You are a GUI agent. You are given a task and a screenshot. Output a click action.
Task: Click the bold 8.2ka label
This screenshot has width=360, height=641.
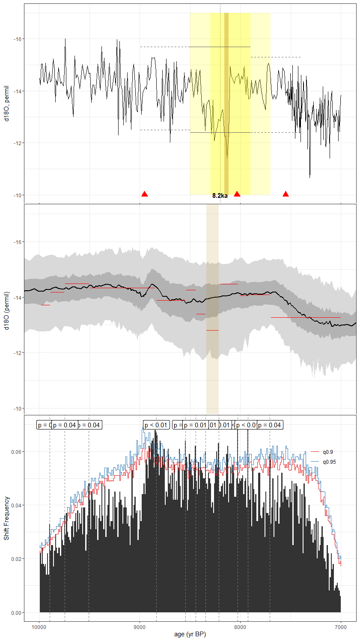click(x=220, y=196)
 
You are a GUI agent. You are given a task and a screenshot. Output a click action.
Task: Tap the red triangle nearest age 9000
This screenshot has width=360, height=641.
click(x=145, y=194)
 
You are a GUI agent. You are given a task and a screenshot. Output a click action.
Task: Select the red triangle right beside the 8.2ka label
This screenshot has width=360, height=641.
click(x=237, y=194)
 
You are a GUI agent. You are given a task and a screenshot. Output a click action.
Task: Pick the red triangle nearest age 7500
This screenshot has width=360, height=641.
click(x=286, y=194)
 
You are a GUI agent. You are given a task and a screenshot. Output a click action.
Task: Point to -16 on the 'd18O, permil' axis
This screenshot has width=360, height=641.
click(x=18, y=39)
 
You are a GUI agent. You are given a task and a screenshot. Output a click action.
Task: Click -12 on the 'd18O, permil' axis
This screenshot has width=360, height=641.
click(x=18, y=143)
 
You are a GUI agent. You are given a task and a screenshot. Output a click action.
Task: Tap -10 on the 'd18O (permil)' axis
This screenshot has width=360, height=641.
click(x=18, y=408)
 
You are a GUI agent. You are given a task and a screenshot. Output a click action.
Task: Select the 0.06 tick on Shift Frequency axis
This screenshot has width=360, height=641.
click(x=16, y=452)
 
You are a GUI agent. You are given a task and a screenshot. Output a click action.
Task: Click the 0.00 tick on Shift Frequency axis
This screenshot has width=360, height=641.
click(x=16, y=613)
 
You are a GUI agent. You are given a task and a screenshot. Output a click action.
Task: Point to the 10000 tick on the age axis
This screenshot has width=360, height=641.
click(x=39, y=627)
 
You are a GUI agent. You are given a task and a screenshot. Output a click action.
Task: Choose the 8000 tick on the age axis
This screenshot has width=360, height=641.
click(x=240, y=627)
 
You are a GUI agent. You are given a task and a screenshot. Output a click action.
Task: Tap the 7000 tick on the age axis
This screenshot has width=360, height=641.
click(x=341, y=627)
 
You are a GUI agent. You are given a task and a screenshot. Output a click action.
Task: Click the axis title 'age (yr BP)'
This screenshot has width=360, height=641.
click(x=190, y=634)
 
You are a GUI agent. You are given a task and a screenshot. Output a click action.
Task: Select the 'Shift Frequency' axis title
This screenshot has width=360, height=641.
click(x=6, y=518)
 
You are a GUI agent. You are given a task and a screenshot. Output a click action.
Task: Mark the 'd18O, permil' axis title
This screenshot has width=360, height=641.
click(x=6, y=104)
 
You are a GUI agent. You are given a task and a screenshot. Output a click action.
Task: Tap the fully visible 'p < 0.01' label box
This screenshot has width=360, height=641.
click(x=156, y=425)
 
